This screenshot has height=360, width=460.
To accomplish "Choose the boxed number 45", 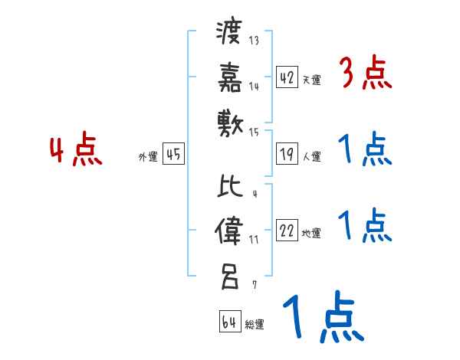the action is [173, 155].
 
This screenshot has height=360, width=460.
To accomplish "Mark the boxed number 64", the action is [229, 322].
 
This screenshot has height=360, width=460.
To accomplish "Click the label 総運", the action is [254, 325].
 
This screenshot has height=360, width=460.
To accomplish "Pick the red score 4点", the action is [77, 151].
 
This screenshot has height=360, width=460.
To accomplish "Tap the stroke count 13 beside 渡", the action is [254, 41].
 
